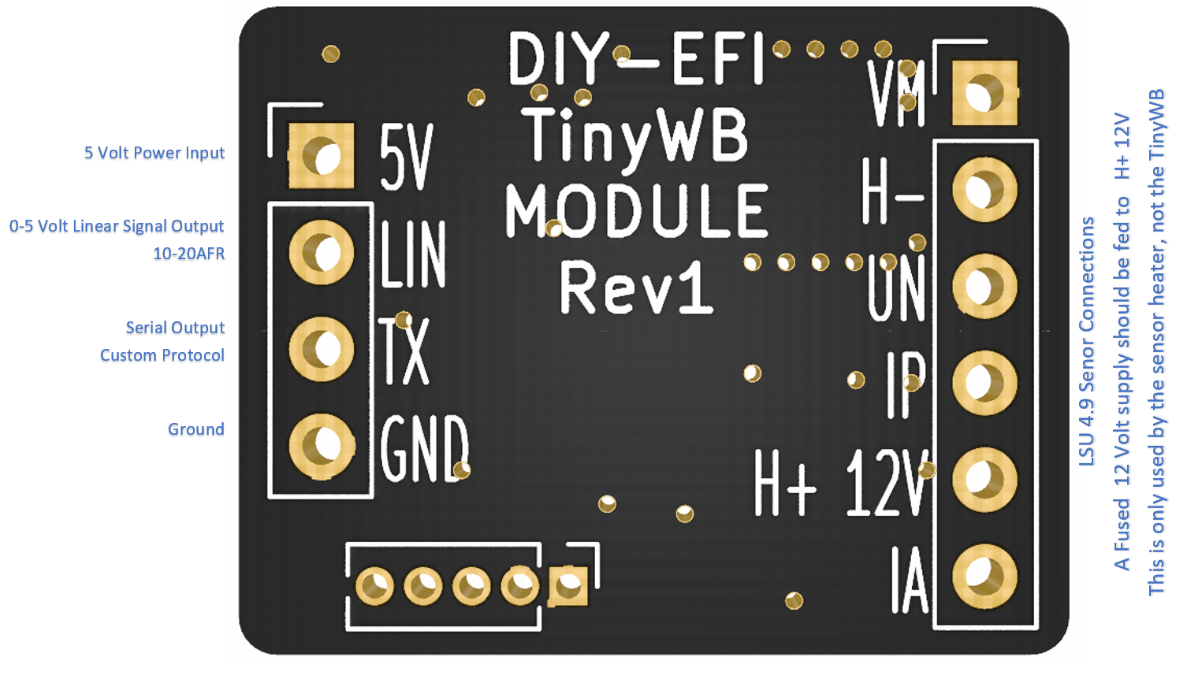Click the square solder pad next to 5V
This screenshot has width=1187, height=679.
321,156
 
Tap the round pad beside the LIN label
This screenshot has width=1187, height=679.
321,252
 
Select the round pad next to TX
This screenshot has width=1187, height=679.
321,349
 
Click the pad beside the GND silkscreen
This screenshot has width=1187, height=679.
321,447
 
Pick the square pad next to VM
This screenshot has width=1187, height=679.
984,94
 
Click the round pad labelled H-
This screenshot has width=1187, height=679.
984,190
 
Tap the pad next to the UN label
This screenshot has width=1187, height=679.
984,286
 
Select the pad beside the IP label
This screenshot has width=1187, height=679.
984,383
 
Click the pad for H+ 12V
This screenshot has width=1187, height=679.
984,480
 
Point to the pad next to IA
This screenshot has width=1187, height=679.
984,577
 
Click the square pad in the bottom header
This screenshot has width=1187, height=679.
568,586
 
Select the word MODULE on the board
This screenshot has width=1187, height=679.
636,211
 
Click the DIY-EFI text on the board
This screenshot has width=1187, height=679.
636,59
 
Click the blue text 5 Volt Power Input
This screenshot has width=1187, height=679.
154,153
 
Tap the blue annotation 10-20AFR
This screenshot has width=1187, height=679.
188,254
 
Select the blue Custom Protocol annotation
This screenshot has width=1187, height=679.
162,355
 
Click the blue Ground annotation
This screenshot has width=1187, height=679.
195,429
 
